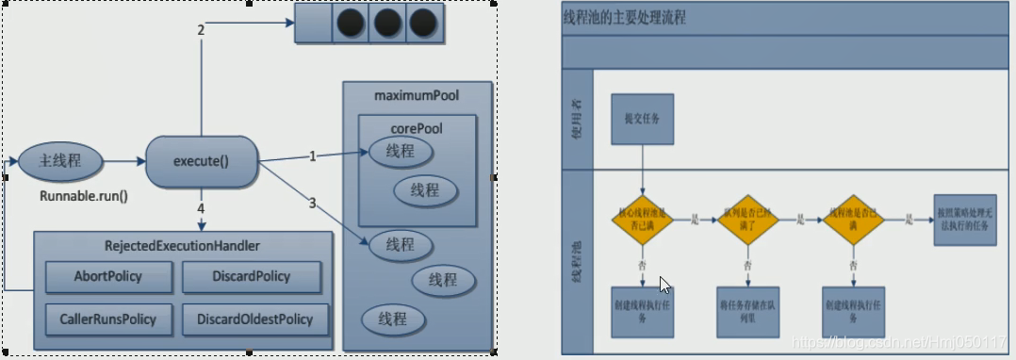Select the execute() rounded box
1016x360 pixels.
202,161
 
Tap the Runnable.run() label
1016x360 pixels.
83,197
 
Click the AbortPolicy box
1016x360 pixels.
108,277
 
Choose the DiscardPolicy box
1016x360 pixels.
251,277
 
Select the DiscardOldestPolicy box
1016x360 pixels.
255,319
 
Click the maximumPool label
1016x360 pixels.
418,96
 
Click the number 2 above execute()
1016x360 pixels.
201,31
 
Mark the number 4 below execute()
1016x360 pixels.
201,207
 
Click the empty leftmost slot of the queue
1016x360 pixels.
313,25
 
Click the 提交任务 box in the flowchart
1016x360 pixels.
642,120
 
